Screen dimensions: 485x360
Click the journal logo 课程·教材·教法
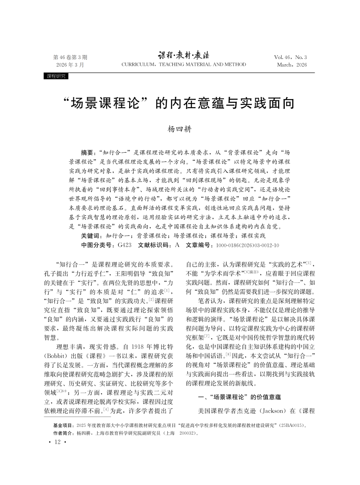(x=184, y=55)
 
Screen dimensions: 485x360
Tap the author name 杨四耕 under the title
(x=180, y=129)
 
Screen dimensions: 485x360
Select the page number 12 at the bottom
(x=57, y=443)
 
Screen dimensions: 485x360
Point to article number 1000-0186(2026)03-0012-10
(x=247, y=245)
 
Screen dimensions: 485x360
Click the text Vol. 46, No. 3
(x=290, y=57)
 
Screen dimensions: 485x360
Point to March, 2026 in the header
(x=292, y=65)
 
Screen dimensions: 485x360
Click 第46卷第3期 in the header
(x=70, y=57)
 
